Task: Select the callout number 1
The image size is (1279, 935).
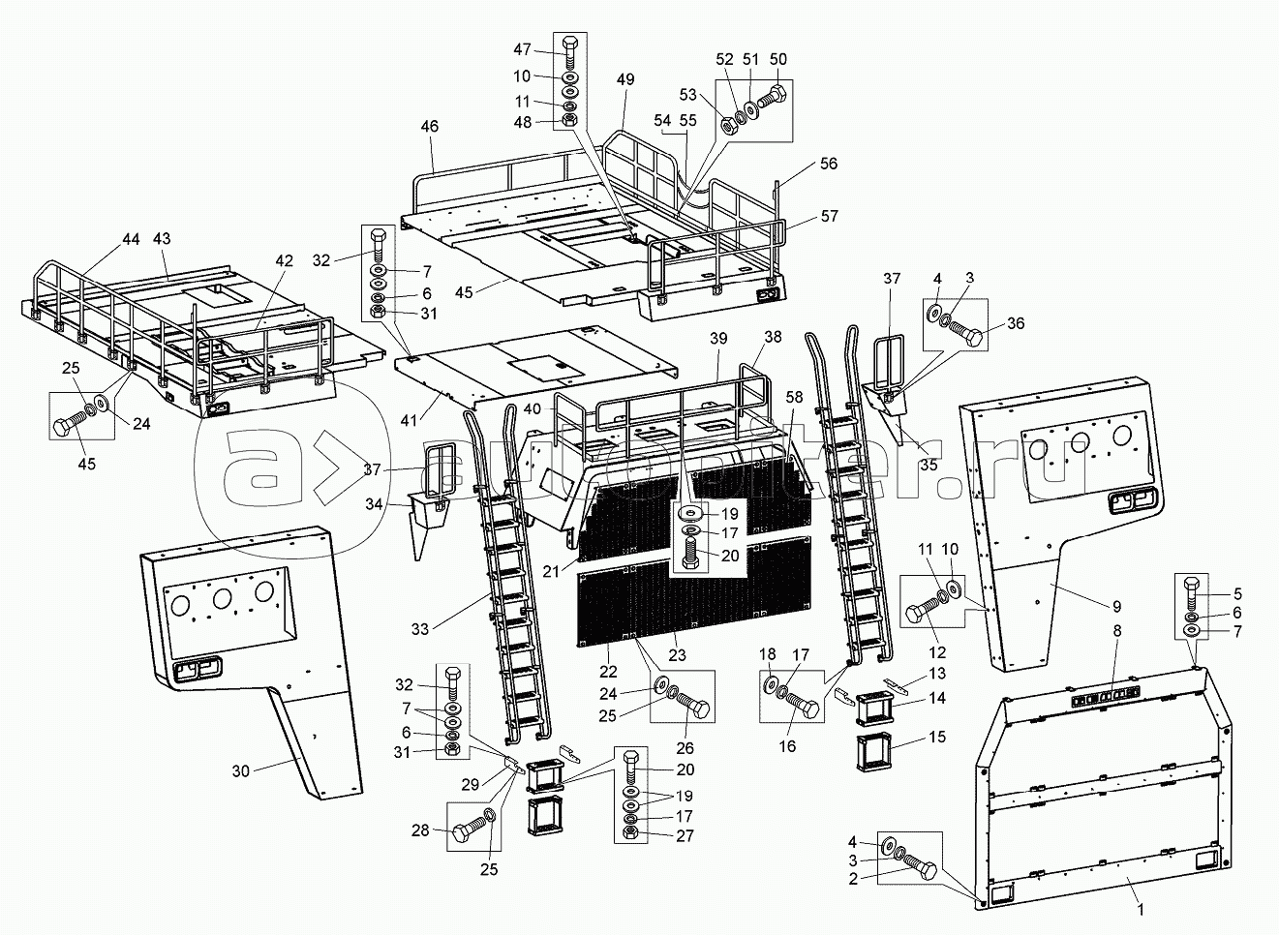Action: (1141, 910)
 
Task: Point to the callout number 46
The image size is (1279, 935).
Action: (429, 126)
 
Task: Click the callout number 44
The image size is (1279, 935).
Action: (131, 238)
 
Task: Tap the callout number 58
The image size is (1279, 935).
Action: (794, 398)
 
